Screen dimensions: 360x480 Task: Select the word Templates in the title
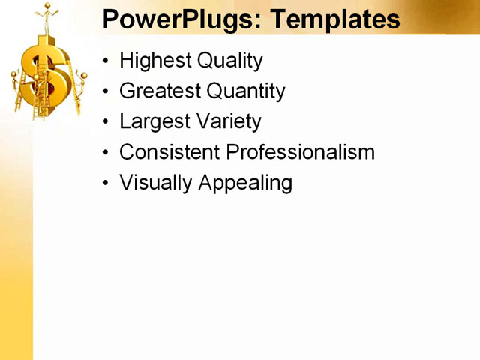point(335,19)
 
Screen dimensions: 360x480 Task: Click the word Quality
point(227,61)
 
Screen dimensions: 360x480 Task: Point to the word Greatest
point(160,91)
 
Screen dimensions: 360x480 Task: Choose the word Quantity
point(246,91)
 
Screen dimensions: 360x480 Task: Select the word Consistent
point(169,152)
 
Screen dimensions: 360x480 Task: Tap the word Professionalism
point(300,152)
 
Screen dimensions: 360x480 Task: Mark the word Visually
point(155,183)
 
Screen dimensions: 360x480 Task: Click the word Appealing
point(245,183)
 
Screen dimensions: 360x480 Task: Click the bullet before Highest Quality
point(106,61)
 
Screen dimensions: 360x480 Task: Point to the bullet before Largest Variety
point(106,122)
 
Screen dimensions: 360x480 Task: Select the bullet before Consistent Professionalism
point(106,153)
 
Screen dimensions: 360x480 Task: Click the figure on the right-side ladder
point(81,80)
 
